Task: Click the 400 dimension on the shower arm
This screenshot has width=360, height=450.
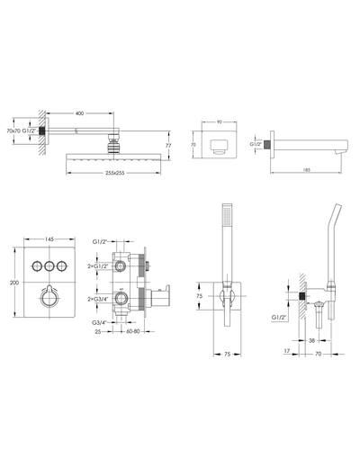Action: click(x=79, y=113)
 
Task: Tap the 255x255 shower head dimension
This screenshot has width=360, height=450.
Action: click(x=114, y=173)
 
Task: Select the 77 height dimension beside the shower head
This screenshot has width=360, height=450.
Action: click(x=168, y=146)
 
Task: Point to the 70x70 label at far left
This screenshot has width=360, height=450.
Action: click(x=13, y=130)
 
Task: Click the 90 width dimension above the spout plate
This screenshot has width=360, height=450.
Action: click(x=219, y=121)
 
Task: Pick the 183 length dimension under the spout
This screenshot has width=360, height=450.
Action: click(x=307, y=170)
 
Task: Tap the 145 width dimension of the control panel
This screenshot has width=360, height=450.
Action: click(x=49, y=239)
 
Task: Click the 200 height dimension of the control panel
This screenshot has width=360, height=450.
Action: click(x=14, y=283)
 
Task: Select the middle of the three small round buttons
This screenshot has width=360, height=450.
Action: click(x=49, y=265)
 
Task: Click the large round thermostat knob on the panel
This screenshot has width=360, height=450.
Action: click(x=49, y=298)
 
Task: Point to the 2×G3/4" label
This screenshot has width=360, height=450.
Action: click(x=96, y=299)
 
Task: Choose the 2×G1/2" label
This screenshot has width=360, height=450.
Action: click(x=96, y=265)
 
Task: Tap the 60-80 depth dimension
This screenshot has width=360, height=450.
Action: click(x=133, y=331)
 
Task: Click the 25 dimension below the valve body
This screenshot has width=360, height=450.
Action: click(x=97, y=331)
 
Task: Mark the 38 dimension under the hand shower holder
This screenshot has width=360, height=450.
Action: click(x=312, y=340)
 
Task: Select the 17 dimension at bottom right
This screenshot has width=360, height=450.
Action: click(x=287, y=351)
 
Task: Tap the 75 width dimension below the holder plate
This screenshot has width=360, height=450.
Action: click(x=227, y=354)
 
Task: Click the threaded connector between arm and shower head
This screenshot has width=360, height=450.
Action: click(x=112, y=144)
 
